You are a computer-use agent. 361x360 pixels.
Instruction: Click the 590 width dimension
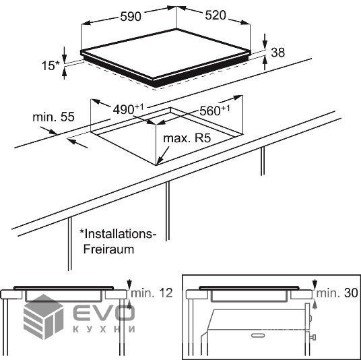click(131, 17)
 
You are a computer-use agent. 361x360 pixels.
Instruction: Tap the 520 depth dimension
click(216, 16)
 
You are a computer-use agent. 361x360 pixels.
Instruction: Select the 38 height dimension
click(278, 53)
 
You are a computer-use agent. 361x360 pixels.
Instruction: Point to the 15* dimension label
click(51, 65)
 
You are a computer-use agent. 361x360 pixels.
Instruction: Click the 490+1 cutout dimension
click(128, 109)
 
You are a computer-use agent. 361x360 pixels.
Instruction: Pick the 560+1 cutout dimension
click(215, 111)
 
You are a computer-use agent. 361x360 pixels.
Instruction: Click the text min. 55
click(53, 117)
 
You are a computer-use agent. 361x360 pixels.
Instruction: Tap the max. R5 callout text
click(187, 138)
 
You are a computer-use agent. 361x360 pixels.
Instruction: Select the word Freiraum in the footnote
click(108, 249)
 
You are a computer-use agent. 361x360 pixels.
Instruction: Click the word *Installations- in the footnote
click(118, 234)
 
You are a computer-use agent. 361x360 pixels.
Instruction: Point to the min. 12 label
click(152, 293)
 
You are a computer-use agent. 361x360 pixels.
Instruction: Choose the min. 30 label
click(337, 293)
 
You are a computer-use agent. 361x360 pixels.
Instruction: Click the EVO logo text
click(104, 312)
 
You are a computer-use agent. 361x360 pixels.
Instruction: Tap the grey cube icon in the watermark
click(43, 317)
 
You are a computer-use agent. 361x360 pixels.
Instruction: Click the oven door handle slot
click(258, 335)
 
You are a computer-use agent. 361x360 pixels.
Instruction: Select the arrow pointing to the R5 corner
click(163, 156)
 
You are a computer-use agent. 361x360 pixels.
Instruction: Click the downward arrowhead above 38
click(265, 45)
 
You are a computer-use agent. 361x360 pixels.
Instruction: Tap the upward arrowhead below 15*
click(65, 73)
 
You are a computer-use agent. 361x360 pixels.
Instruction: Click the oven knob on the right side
click(313, 338)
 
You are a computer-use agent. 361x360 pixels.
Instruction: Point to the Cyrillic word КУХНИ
click(104, 329)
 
